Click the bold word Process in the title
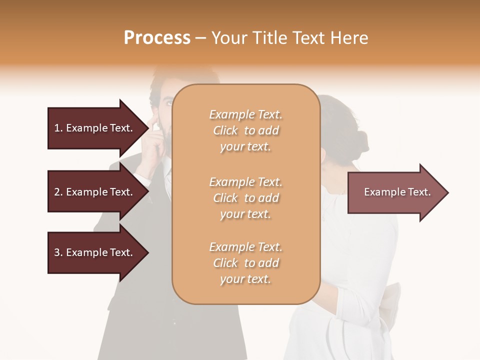(157, 38)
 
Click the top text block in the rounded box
(245, 130)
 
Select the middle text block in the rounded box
(245, 198)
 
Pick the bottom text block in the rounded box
(245, 263)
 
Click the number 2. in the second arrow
(58, 192)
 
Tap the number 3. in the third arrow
(58, 252)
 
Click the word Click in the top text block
(225, 130)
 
